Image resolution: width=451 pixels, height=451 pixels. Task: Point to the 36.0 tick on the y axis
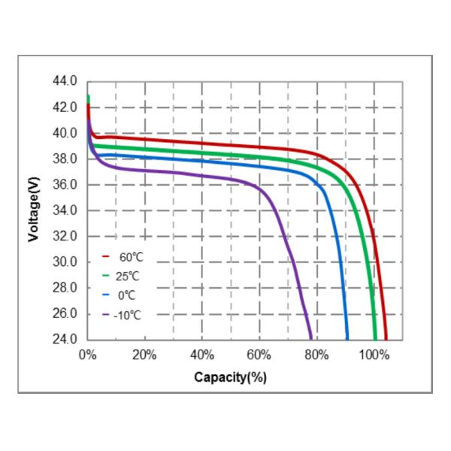click(65, 184)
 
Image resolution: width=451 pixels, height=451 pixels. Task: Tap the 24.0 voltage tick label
click(65, 339)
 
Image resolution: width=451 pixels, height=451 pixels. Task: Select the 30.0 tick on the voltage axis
click(65, 262)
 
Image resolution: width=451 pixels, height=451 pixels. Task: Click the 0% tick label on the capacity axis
click(88, 354)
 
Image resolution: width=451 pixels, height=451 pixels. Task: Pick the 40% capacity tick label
click(203, 354)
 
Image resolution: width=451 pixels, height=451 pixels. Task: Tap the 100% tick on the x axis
click(374, 354)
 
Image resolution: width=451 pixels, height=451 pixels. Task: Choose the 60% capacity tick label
click(260, 354)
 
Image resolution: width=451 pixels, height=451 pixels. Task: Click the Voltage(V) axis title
click(33, 210)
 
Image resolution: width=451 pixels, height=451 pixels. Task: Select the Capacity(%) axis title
click(230, 377)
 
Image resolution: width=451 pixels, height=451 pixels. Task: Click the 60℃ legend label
click(130, 257)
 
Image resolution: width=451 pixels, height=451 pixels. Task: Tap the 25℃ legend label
click(130, 276)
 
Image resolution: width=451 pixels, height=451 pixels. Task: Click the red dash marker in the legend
click(106, 257)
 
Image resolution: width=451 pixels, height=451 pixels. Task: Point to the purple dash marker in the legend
click(106, 313)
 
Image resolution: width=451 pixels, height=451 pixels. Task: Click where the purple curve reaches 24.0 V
click(310, 337)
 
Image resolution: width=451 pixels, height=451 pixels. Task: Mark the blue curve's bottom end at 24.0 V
click(347, 337)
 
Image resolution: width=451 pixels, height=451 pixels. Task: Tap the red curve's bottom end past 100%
click(386, 337)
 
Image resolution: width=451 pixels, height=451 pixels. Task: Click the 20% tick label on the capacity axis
click(145, 354)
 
